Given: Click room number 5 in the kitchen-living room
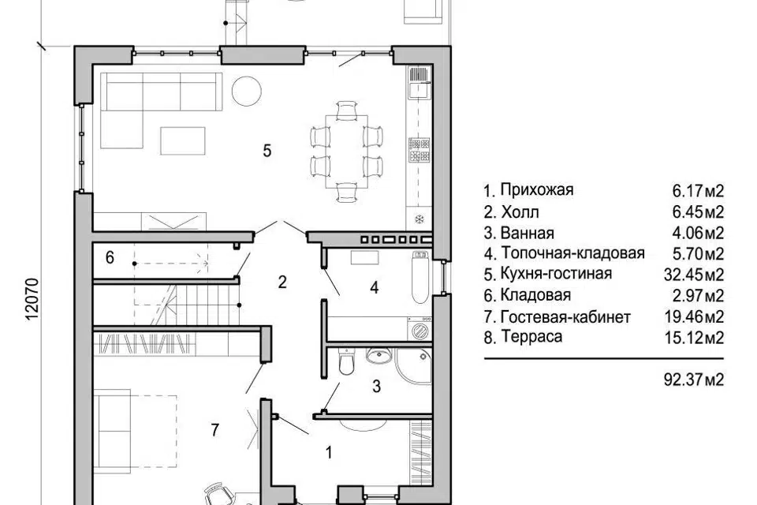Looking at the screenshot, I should click(267, 151).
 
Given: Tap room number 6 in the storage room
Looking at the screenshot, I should click(110, 257).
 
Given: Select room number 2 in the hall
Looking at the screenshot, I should click(282, 282).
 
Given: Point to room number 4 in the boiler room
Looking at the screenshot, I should click(374, 288).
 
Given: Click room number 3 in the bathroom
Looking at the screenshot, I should click(376, 386).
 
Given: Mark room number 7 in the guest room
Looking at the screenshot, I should click(214, 429).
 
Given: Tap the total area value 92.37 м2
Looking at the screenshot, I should click(693, 380).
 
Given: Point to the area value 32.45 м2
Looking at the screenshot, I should click(693, 275).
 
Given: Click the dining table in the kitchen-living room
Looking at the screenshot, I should click(346, 151).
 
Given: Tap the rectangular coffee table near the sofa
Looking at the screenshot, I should click(183, 140).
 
